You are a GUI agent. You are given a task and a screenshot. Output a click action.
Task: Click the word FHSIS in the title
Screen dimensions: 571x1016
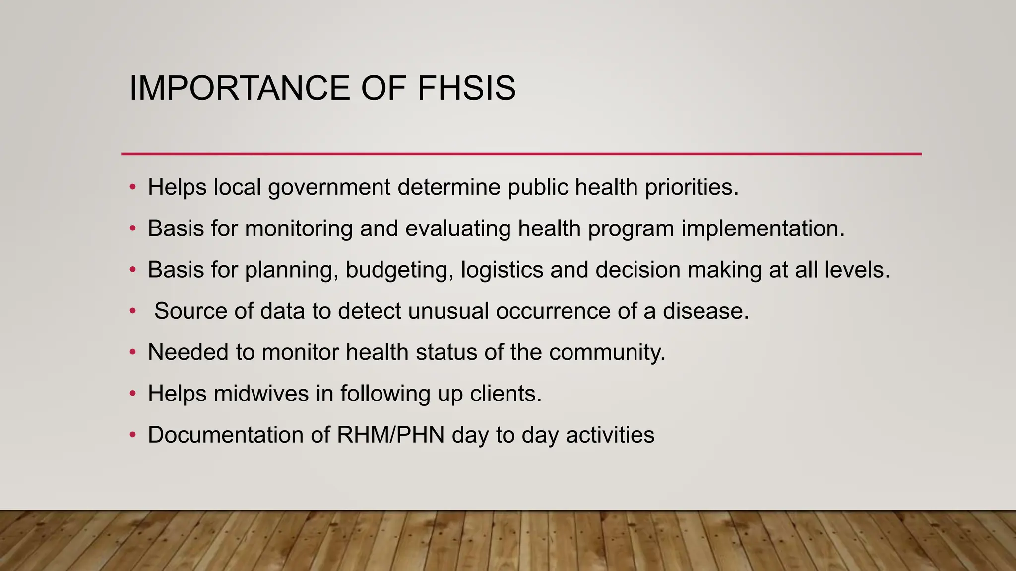[x=466, y=88]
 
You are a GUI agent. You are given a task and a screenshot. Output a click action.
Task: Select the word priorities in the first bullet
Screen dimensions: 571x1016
[x=692, y=187]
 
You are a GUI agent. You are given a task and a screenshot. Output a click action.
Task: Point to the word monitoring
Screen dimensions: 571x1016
[x=299, y=228]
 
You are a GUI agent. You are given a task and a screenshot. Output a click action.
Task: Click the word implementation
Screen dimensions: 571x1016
[x=762, y=228]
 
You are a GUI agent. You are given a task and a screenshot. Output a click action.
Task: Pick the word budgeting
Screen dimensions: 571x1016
[x=399, y=270]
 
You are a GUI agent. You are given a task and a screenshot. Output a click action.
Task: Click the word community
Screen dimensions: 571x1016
[x=607, y=352]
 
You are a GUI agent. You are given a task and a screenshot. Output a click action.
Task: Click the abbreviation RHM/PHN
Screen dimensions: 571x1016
[x=390, y=435]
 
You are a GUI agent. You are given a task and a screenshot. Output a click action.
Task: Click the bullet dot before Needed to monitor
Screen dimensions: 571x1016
[x=132, y=352]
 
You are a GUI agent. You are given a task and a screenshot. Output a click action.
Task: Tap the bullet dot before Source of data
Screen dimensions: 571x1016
[x=132, y=311]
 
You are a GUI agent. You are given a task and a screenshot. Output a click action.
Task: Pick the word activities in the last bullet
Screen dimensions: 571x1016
[x=610, y=435]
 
